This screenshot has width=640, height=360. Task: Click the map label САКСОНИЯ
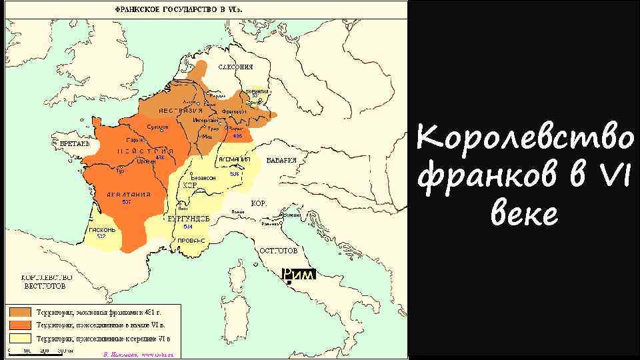point(236,67)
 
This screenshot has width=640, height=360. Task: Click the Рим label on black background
point(297,274)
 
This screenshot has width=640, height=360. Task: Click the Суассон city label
point(157,127)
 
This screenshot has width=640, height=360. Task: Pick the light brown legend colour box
point(19,311)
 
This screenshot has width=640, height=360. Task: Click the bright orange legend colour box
point(19,325)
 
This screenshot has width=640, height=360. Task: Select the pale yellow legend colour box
point(19,338)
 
